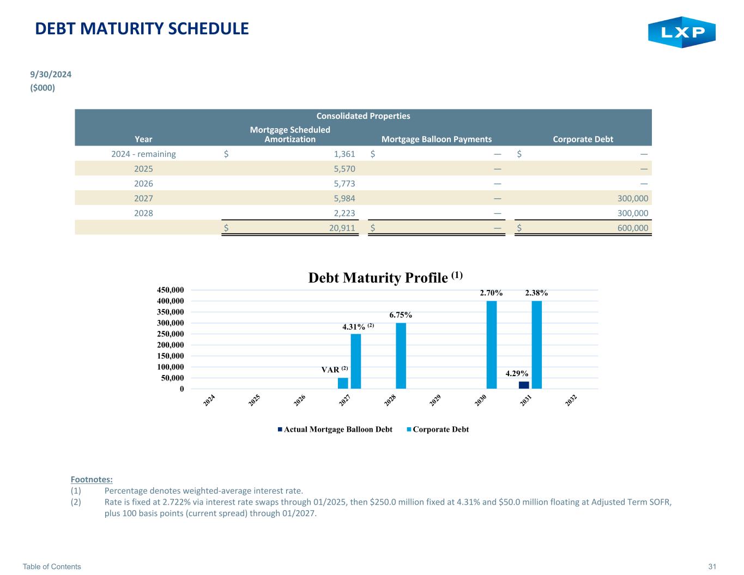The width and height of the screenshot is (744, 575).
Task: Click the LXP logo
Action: pos(681,32)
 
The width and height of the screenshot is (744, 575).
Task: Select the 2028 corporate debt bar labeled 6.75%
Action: pos(401,355)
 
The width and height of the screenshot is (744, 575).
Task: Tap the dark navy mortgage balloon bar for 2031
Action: pos(523,385)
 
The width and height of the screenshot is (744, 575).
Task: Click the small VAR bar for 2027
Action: pos(343,383)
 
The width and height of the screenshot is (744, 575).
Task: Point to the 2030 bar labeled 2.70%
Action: pos(491,344)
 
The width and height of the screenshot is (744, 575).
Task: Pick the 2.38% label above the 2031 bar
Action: pos(536,293)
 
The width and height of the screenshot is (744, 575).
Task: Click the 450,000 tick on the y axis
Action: pos(170,290)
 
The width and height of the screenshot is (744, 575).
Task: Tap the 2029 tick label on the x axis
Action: pos(435,400)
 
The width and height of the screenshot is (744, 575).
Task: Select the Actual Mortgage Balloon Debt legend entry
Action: pos(335,429)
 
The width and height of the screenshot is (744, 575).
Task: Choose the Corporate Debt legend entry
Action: pos(438,429)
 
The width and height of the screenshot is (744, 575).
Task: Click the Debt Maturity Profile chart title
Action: pos(385,277)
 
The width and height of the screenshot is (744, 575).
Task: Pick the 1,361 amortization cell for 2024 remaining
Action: pos(344,154)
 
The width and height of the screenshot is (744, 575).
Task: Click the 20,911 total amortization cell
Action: pos(342,228)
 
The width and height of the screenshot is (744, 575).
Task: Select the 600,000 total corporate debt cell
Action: pos(633,228)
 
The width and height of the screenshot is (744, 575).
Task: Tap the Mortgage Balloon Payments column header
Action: pos(437,140)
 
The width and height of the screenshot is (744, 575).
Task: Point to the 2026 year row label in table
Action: pos(143,184)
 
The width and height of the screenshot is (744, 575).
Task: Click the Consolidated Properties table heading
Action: pos(363,116)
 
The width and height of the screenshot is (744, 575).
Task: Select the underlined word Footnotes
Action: pos(92,480)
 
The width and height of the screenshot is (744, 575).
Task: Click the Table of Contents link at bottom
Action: pos(52,566)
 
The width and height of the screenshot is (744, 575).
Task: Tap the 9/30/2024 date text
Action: pos(51,74)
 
